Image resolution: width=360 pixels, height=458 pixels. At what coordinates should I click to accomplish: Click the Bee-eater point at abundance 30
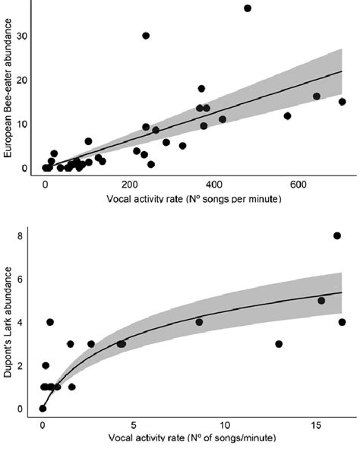point(146,36)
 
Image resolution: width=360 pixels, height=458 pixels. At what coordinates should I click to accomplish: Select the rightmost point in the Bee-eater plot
point(343,102)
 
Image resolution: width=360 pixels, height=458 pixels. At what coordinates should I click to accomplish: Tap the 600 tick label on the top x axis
point(298,185)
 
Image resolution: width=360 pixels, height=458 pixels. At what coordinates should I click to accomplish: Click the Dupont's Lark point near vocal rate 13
point(279,344)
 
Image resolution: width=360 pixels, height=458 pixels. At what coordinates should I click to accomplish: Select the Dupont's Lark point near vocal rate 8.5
point(199,322)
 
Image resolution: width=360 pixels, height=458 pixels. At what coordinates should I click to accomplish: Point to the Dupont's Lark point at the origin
point(43,409)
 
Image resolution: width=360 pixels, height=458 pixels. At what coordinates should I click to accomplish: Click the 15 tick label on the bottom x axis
point(314,423)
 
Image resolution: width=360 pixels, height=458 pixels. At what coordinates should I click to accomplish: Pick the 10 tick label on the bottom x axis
point(223,423)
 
